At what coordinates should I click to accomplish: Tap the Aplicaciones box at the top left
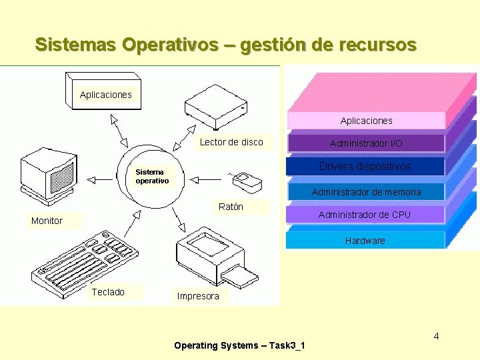(105, 94)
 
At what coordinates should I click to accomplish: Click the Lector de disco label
(231, 142)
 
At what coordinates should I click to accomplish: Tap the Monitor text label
(47, 221)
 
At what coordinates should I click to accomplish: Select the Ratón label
(231, 207)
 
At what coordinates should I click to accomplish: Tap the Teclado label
(108, 292)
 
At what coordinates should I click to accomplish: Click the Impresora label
(198, 296)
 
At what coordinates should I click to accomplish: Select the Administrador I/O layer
(366, 143)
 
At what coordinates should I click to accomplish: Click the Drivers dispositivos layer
(365, 167)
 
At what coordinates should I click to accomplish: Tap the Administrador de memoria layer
(366, 192)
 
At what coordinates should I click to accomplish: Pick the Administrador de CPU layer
(364, 215)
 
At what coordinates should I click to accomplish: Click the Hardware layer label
(365, 241)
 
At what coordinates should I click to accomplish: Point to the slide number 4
(436, 336)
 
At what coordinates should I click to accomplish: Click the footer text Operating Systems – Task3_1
(239, 345)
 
